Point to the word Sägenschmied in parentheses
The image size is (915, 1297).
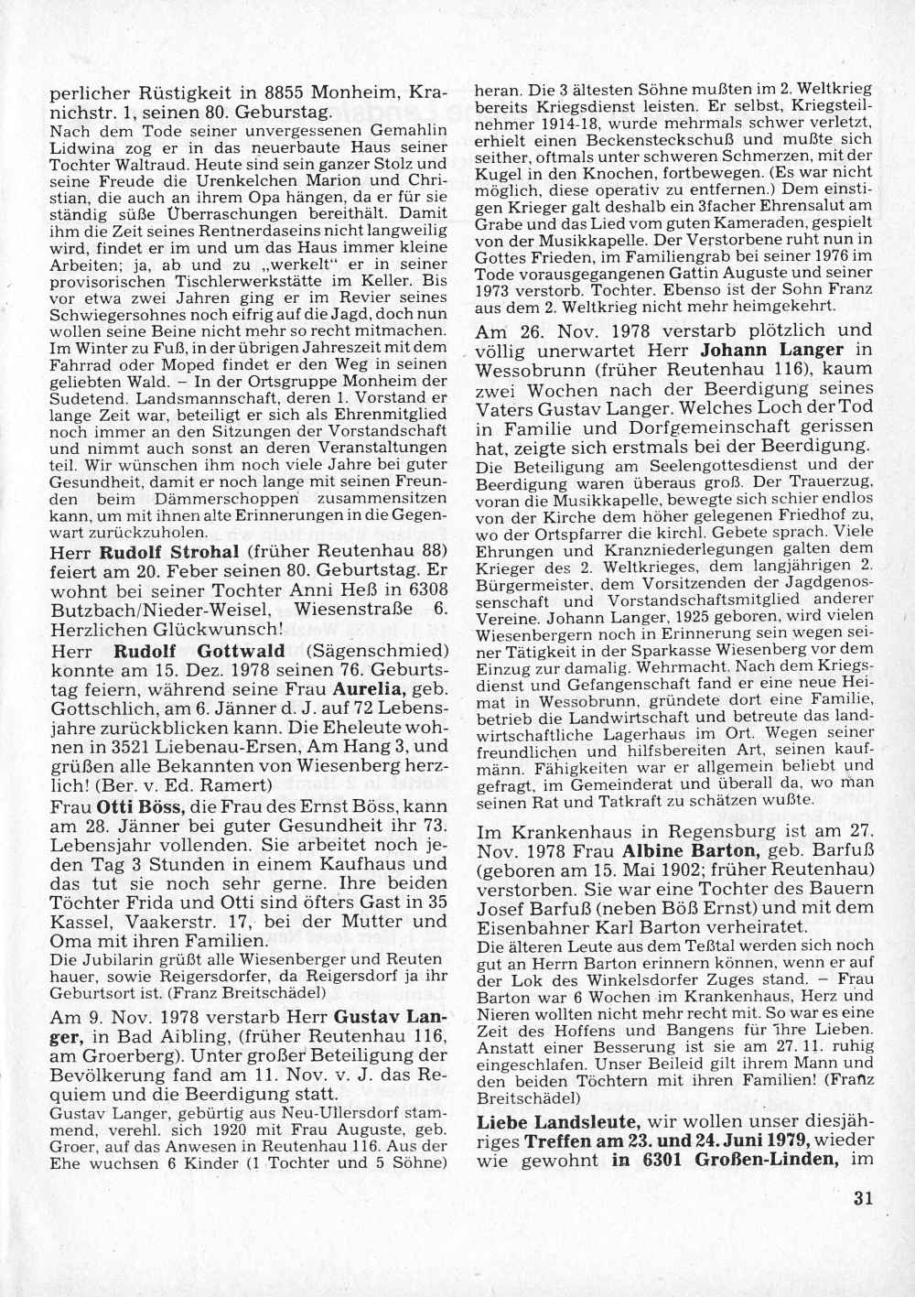(378, 653)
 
